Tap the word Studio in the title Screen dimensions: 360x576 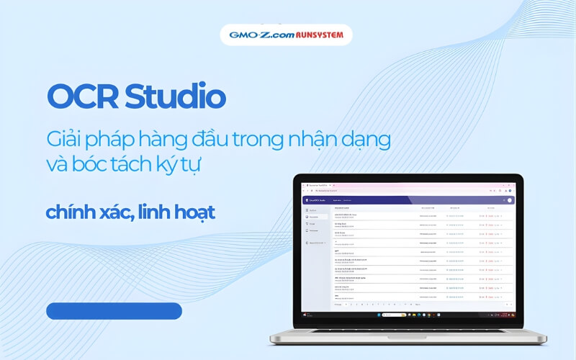pos(173,96)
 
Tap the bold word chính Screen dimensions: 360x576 pos(71,213)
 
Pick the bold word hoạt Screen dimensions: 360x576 pos(197,213)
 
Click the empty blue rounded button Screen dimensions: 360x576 pos(114,311)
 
